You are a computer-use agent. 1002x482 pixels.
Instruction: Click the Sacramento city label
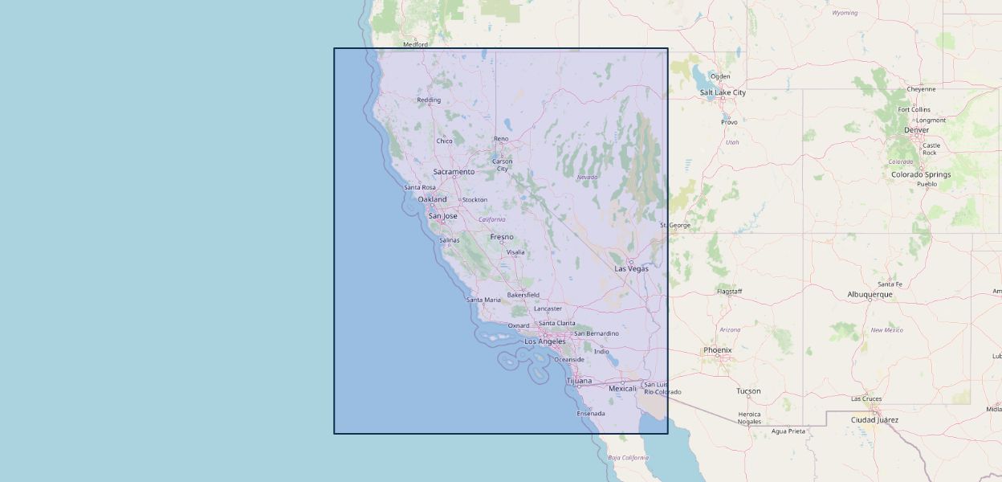point(454,172)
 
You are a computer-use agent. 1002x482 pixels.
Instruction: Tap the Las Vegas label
point(631,268)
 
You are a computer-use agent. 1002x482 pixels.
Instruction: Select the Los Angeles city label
point(545,341)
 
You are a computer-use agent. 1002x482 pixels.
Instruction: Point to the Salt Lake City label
point(723,92)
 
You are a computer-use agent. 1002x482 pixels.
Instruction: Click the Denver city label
point(916,130)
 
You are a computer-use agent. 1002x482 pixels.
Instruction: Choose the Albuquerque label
point(870,295)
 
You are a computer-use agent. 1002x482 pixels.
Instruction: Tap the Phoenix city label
point(717,350)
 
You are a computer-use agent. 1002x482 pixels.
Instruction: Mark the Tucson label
point(748,391)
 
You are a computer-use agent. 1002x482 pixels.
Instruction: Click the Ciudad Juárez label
point(874,420)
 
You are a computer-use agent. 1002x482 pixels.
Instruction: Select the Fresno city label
point(502,237)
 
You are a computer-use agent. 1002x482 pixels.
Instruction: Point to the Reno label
point(501,139)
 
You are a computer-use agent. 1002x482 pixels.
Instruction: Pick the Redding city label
point(429,100)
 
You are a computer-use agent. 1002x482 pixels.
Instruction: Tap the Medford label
point(415,45)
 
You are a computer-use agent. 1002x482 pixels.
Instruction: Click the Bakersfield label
point(523,295)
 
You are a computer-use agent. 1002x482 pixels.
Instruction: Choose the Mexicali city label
point(622,389)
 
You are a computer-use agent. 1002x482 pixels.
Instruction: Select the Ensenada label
point(591,414)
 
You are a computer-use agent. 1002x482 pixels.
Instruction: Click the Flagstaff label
point(730,292)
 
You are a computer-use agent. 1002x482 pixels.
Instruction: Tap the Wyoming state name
point(845,13)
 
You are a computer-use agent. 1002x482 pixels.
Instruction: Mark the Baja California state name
point(628,458)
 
